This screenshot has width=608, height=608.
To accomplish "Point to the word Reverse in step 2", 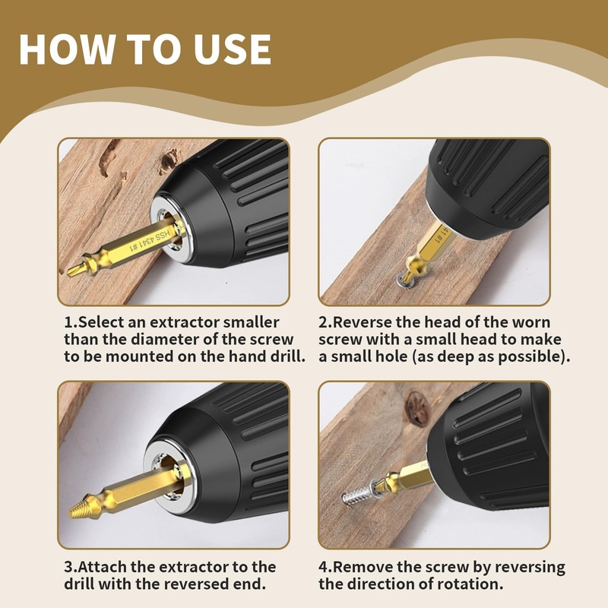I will pos(365,322).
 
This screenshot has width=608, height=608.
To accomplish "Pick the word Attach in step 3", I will pos(112,567).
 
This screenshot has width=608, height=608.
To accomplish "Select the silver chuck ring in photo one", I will pos(169,227).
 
